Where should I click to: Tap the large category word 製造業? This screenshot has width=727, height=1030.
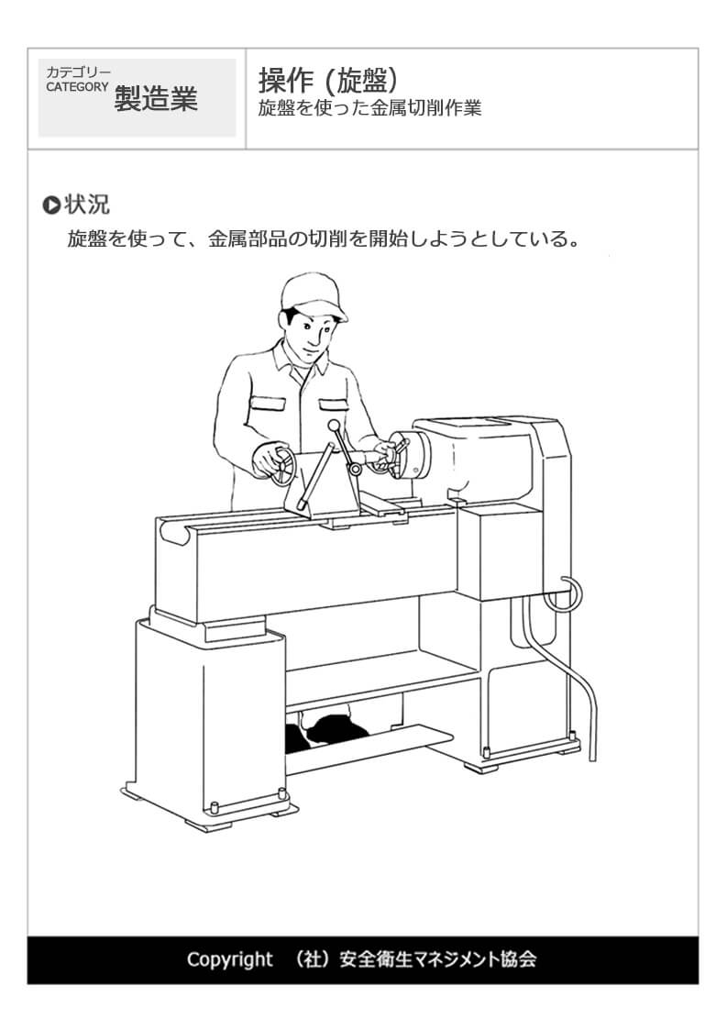click(156, 99)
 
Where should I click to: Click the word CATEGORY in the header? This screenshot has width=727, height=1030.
click(77, 87)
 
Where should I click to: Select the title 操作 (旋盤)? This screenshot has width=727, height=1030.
click(328, 81)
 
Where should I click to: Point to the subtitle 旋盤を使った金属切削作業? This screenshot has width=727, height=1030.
click(369, 107)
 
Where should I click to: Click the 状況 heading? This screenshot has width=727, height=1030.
click(87, 205)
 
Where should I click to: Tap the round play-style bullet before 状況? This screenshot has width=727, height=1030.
click(51, 205)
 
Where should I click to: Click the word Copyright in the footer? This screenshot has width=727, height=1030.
click(229, 959)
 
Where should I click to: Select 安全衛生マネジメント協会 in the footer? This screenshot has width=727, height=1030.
click(438, 959)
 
